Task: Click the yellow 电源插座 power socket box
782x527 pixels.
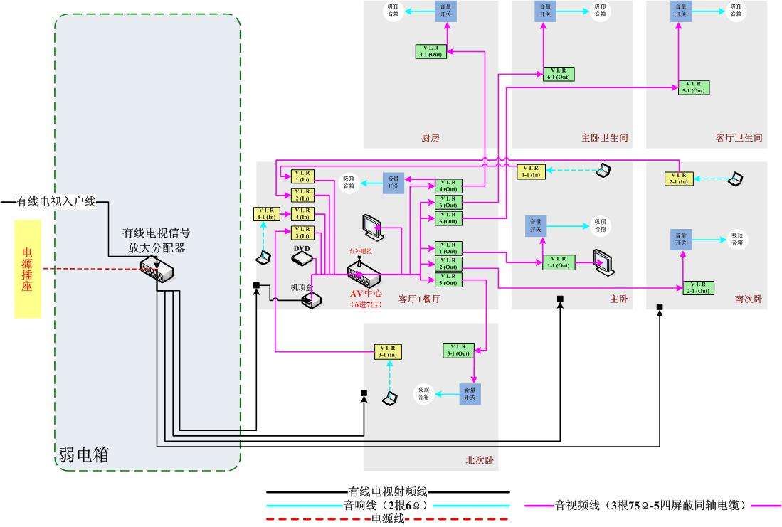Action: click(28, 269)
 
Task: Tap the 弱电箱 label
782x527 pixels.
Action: click(85, 454)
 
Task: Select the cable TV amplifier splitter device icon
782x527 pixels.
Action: click(157, 271)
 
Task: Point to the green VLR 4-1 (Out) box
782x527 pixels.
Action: click(430, 51)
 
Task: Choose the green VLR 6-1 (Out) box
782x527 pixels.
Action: click(559, 73)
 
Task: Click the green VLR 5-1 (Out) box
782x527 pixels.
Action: click(693, 87)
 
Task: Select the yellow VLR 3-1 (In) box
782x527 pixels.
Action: click(389, 351)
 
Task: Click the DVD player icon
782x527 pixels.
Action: click(302, 259)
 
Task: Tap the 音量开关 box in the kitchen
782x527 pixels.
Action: click(447, 10)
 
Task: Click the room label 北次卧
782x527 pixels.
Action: click(479, 460)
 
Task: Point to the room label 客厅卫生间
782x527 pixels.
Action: click(739, 138)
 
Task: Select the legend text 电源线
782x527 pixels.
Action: click(388, 518)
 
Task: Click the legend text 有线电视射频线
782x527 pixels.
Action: click(388, 491)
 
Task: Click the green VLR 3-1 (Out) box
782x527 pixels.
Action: click(458, 350)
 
